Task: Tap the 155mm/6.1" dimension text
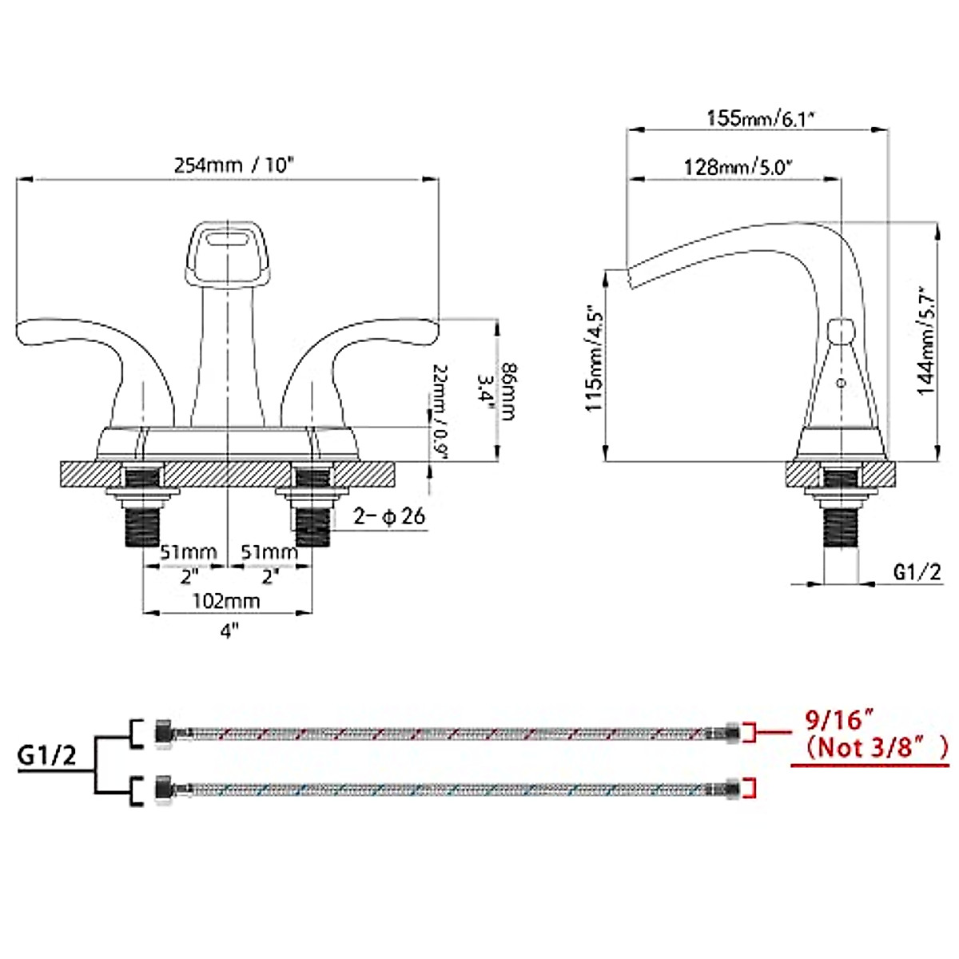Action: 759,118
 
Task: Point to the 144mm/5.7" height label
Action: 926,340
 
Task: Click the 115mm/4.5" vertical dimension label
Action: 595,358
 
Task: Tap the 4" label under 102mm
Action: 229,631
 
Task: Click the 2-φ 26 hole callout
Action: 390,516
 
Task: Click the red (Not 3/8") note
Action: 876,747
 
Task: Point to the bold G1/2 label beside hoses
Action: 48,755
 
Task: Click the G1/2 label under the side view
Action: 917,571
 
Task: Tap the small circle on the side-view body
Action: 839,384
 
